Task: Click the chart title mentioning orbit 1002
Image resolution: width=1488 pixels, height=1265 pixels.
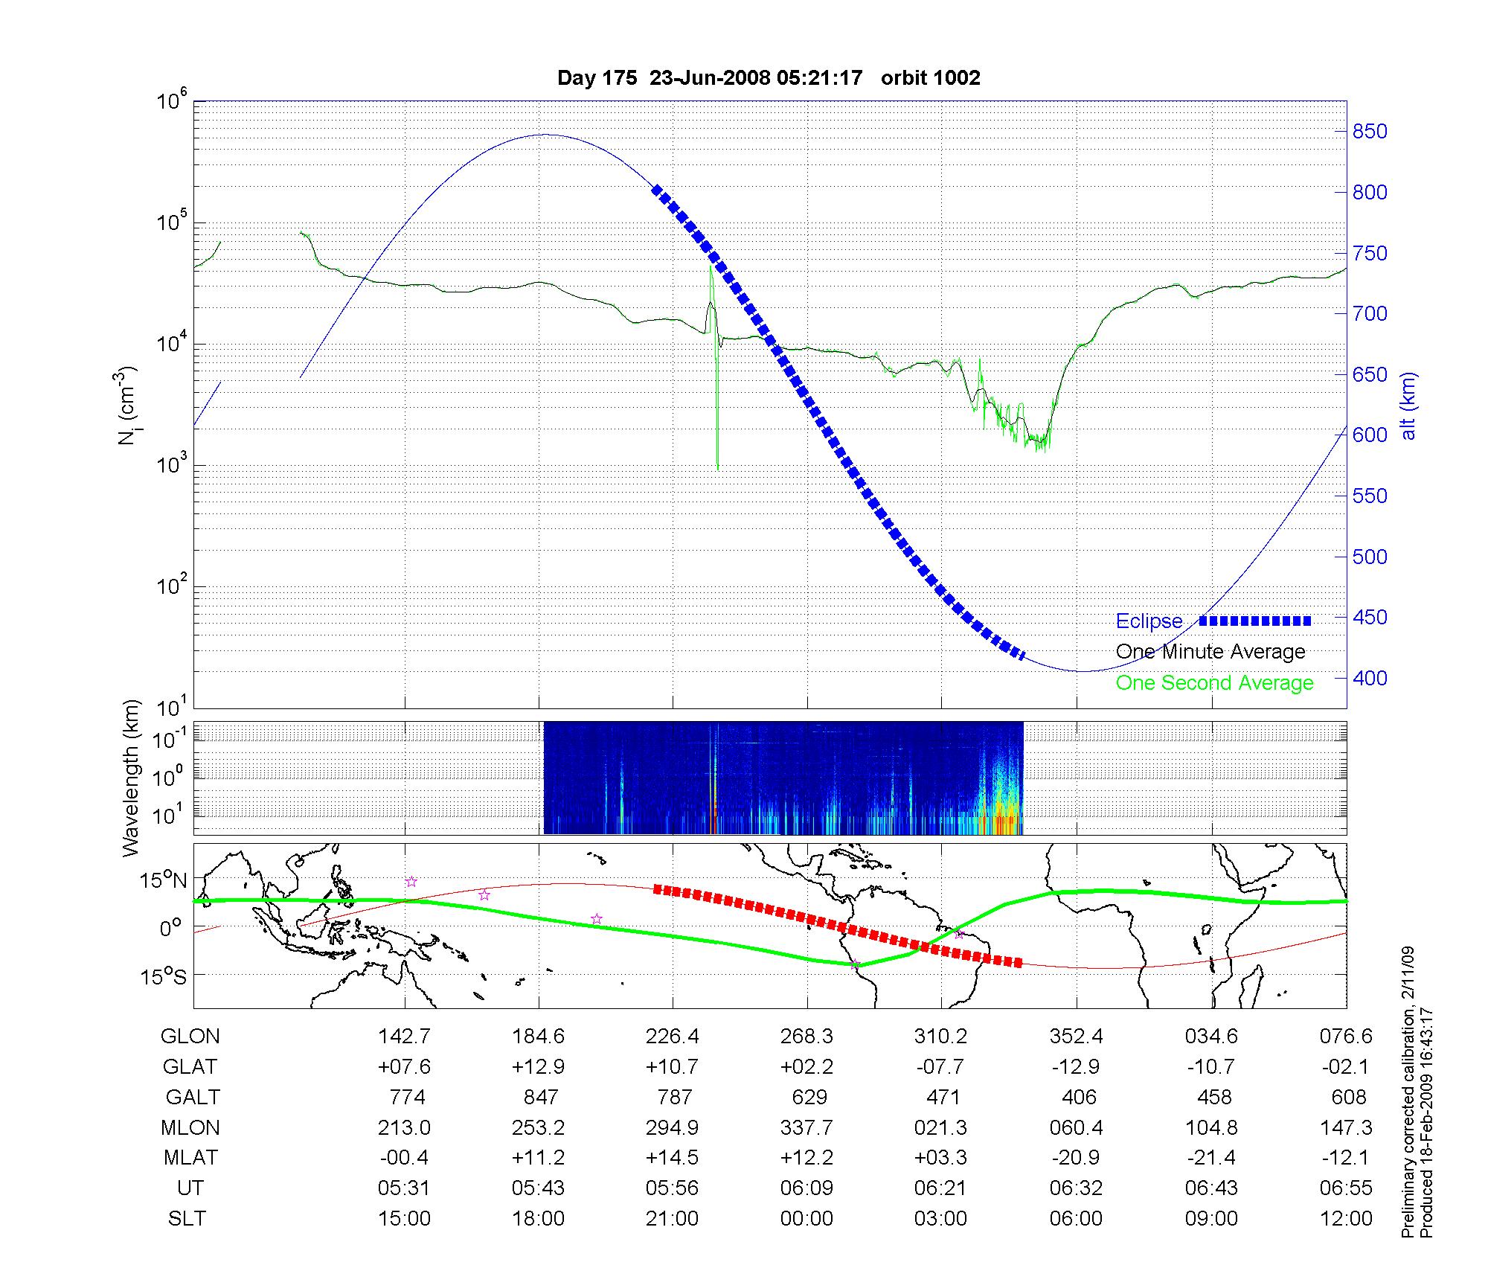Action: pyautogui.click(x=769, y=77)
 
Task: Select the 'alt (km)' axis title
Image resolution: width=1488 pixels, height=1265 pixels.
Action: pyautogui.click(x=1408, y=406)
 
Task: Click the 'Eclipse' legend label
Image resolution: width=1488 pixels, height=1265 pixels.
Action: pyautogui.click(x=1149, y=621)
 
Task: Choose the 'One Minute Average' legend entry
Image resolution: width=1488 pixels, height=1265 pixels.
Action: pyautogui.click(x=1210, y=652)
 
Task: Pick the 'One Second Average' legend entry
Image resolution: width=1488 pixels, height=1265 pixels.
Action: pyautogui.click(x=1214, y=683)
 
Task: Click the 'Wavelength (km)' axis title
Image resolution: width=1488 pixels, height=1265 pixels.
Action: pyautogui.click(x=130, y=778)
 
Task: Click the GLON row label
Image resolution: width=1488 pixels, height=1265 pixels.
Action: pyautogui.click(x=190, y=1036)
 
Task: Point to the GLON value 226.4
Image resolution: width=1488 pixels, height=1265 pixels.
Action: pyautogui.click(x=673, y=1036)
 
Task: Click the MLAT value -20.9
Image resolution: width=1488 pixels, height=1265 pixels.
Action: pyautogui.click(x=1076, y=1158)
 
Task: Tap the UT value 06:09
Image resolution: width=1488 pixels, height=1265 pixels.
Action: pyautogui.click(x=806, y=1188)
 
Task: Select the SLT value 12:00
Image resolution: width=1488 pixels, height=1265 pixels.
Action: pyautogui.click(x=1346, y=1218)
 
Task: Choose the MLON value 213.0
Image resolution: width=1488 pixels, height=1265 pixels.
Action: pyautogui.click(x=404, y=1127)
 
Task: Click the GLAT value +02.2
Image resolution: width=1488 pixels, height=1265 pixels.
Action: pyautogui.click(x=806, y=1066)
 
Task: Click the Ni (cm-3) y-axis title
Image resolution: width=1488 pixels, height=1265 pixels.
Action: pyautogui.click(x=129, y=406)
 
